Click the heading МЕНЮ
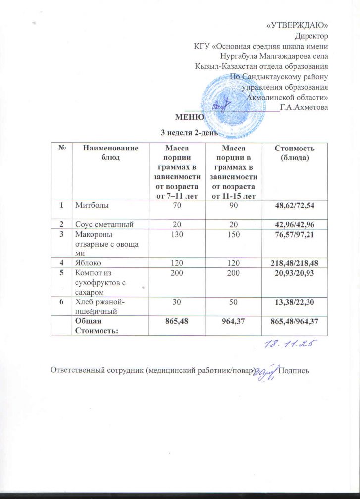(189, 117)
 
